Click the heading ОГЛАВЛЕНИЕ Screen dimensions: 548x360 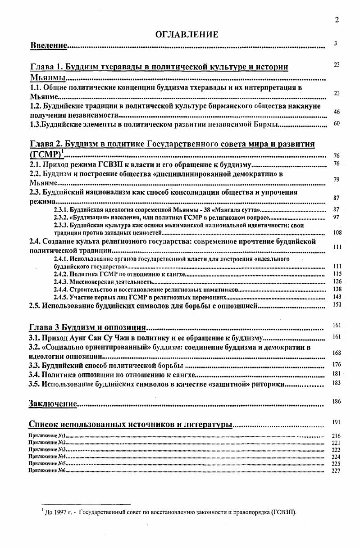click(x=187, y=34)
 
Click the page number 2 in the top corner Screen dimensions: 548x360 click(x=337, y=19)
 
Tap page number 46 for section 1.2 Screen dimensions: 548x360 click(x=337, y=112)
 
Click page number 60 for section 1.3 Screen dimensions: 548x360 click(x=337, y=124)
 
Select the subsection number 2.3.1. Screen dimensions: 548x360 click(x=60, y=210)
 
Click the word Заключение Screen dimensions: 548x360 click(x=52, y=403)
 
